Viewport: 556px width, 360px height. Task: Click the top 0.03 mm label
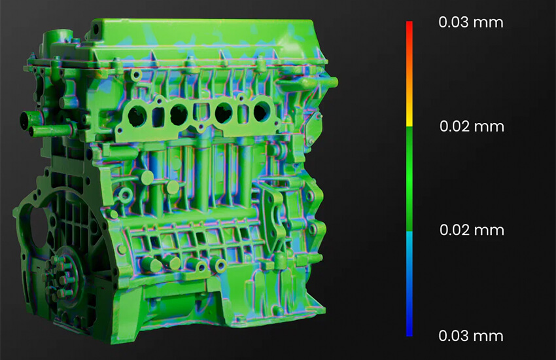(470, 22)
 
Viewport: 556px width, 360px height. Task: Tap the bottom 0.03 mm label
(470, 336)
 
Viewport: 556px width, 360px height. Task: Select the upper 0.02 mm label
(472, 126)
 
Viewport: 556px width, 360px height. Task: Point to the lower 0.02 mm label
(472, 230)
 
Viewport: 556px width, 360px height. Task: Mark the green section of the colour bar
(409, 179)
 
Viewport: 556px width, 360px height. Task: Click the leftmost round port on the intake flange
(137, 116)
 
